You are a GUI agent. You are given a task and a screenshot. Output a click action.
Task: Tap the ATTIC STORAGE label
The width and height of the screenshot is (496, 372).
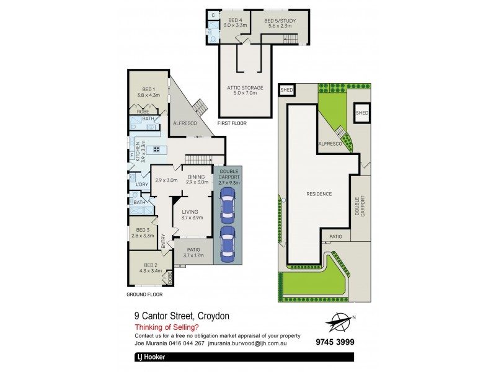(x=246, y=88)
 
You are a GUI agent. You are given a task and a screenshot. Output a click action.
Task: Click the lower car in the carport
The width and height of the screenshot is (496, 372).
(x=228, y=241)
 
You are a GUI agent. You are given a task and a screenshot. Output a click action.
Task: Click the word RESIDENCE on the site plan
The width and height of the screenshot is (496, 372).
(x=319, y=194)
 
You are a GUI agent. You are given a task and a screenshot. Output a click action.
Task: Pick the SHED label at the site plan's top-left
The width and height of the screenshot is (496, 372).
(x=286, y=91)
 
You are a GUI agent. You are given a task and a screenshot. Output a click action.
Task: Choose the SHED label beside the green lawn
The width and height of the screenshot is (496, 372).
(x=362, y=113)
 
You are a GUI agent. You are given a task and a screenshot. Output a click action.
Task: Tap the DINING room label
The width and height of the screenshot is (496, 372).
(x=197, y=175)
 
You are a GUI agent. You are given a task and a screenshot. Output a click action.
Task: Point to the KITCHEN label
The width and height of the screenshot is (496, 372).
(x=138, y=151)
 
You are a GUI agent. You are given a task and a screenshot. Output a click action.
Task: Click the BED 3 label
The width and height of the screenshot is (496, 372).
(x=143, y=230)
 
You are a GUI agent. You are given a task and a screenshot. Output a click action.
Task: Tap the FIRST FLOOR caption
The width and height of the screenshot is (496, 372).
(x=232, y=123)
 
